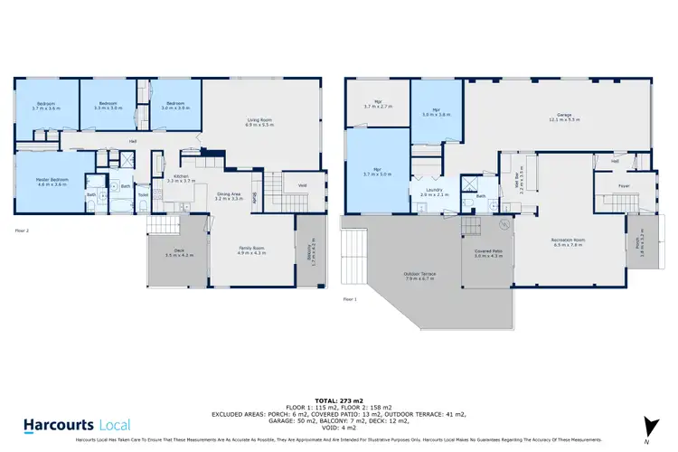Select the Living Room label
click(x=260, y=120)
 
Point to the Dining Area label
click(x=229, y=193)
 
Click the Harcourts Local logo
click(x=77, y=424)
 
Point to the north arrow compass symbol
click(x=648, y=427)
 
